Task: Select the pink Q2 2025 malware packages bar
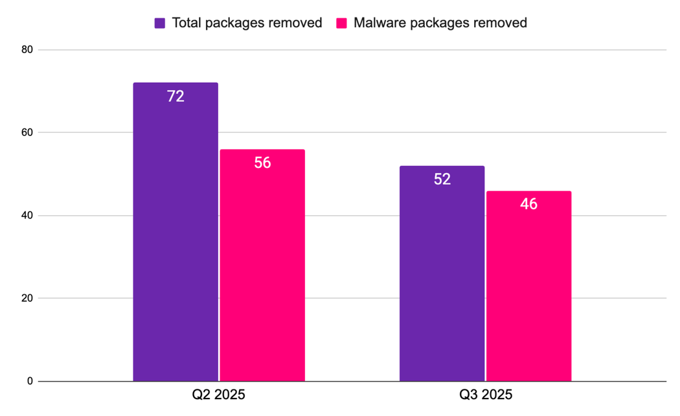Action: click(262, 272)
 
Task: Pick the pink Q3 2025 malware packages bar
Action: click(528, 292)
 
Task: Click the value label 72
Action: click(176, 97)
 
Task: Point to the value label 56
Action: click(262, 163)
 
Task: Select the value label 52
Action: click(442, 179)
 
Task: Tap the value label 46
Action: click(528, 204)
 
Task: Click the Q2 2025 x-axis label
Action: click(219, 395)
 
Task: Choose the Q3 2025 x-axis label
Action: click(486, 395)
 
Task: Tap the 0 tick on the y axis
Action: click(29, 382)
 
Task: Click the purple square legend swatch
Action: click(160, 23)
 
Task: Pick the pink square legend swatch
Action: click(341, 23)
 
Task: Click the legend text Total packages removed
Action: click(247, 23)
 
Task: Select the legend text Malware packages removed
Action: click(440, 23)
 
